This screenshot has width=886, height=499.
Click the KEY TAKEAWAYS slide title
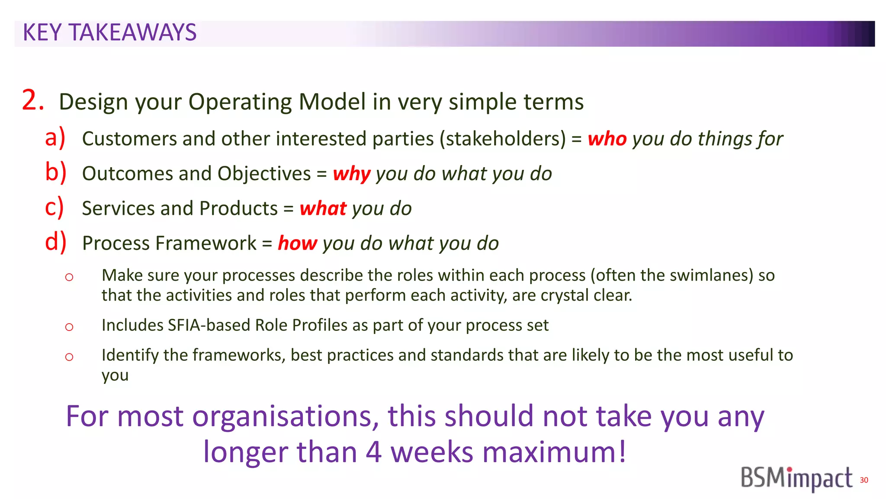click(109, 33)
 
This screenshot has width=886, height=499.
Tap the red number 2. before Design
click(33, 100)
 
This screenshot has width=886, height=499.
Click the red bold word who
click(607, 139)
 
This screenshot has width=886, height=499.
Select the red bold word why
click(351, 174)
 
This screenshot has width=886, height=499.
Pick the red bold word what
click(323, 209)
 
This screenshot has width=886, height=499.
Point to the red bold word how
click(297, 243)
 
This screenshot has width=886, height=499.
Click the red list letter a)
click(55, 138)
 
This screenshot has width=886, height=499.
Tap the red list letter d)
click(55, 242)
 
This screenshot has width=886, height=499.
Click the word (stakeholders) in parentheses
click(502, 139)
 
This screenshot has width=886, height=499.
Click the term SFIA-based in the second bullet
click(209, 325)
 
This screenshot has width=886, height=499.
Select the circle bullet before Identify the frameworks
click(69, 357)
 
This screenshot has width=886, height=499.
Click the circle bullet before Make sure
click(69, 277)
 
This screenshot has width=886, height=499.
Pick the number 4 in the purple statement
click(373, 452)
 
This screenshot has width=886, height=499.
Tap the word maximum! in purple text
click(554, 452)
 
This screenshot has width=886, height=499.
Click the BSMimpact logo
click(796, 478)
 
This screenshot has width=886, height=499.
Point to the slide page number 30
click(864, 480)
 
